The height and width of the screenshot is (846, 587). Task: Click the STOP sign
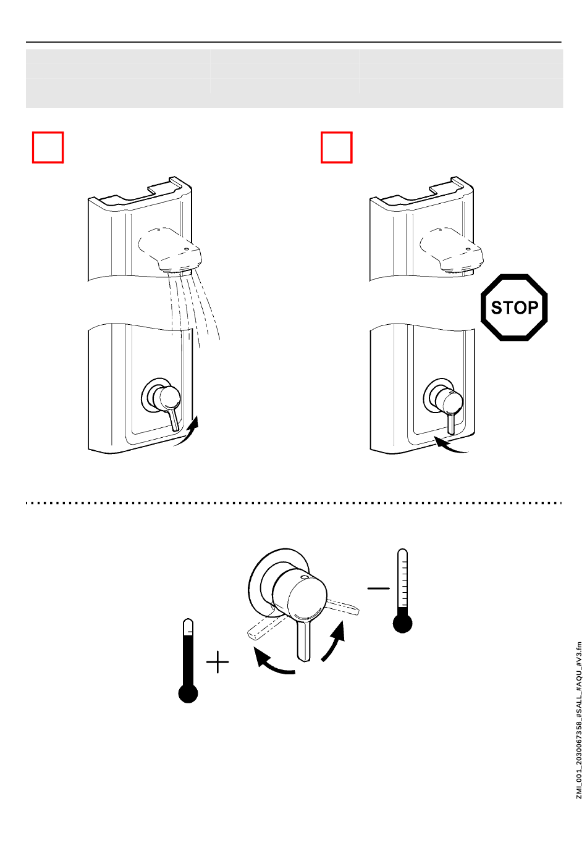514,308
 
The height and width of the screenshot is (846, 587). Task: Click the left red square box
48,148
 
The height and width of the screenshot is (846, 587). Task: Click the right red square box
336,148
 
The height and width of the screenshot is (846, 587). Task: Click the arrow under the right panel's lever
450,445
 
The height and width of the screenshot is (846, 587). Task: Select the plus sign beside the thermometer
217,663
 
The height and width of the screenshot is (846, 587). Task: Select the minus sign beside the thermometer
378,588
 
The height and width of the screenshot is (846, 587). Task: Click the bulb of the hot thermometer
188,693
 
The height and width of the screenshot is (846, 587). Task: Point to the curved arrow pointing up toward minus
334,642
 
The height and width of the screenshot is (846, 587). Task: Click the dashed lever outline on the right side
342,606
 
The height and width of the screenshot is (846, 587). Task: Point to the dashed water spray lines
195,306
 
